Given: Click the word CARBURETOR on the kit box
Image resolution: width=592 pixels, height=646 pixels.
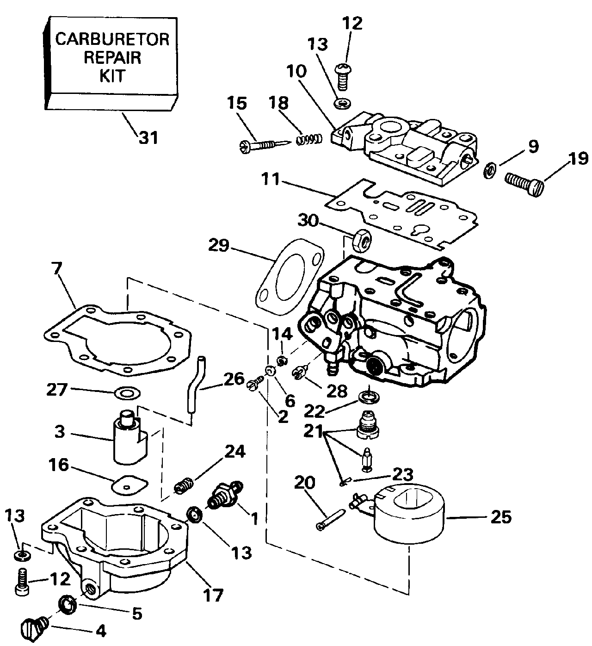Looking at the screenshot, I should (112, 39).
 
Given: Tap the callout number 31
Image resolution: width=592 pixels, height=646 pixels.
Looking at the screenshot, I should (148, 137).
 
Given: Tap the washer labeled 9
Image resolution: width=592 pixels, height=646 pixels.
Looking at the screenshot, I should (490, 170).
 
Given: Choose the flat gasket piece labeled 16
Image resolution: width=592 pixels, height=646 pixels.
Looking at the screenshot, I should (130, 484).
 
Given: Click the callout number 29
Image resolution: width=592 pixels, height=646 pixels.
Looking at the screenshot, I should (218, 245).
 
